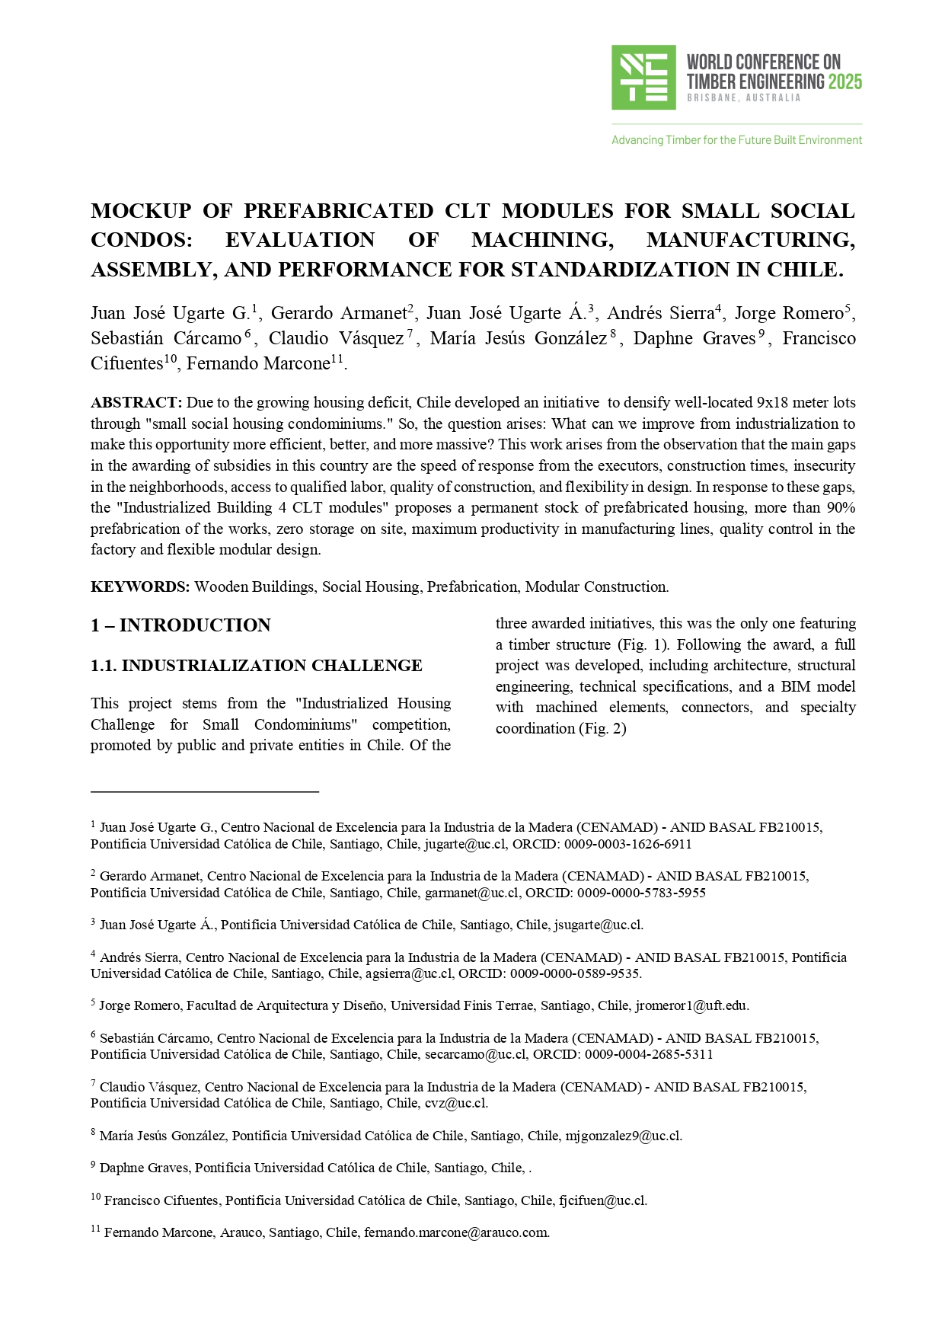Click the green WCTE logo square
643,77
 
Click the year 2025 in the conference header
845,82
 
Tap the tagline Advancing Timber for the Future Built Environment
736,140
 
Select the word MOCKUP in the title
140,211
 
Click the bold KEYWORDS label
140,586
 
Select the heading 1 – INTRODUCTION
180,625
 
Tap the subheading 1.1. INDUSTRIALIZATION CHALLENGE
256,666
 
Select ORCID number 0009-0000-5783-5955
641,893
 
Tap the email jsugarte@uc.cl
599,925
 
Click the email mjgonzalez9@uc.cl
623,1136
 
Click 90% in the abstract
838,507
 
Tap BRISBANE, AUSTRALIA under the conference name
743,98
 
